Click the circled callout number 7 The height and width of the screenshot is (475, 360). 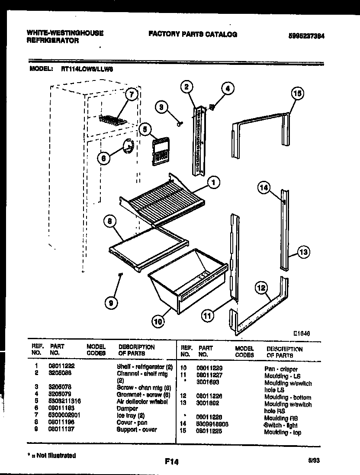132,94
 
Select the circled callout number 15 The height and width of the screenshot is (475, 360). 297,93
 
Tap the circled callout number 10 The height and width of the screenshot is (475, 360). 158,321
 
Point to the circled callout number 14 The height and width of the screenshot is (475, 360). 264,187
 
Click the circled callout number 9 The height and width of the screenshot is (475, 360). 112,303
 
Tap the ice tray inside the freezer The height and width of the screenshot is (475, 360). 112,119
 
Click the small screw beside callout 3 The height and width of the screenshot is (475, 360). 178,124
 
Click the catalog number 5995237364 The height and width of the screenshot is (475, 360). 306,36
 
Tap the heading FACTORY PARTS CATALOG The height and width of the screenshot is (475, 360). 193,34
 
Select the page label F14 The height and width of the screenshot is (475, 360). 172,462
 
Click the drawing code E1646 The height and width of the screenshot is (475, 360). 302,333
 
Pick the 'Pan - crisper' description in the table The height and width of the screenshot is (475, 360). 281,369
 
